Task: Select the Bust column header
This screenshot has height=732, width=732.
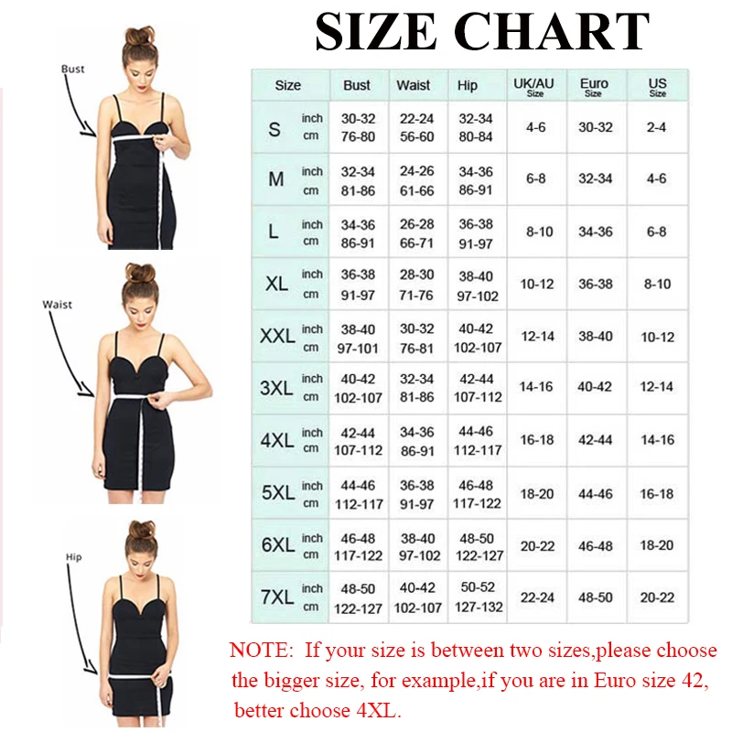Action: pos(357,85)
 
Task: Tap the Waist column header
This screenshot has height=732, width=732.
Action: pos(414,85)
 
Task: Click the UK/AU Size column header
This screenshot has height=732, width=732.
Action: pos(535,87)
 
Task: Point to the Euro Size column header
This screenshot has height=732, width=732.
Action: pos(594,87)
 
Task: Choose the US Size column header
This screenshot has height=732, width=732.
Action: pos(657,87)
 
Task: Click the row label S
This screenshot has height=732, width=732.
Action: pos(274,128)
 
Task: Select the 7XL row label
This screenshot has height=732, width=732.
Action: pos(276,597)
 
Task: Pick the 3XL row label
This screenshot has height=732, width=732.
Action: pos(276,387)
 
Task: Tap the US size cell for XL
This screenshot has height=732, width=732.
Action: pos(657,284)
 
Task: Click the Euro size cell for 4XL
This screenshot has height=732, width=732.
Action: pos(595,440)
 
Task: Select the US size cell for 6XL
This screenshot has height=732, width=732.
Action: pos(657,544)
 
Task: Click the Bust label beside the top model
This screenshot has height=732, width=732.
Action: pos(73,69)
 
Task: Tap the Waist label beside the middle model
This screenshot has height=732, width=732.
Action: pos(57,305)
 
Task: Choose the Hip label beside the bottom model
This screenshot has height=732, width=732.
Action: pos(73,556)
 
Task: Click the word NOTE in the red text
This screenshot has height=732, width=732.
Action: pos(257,651)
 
